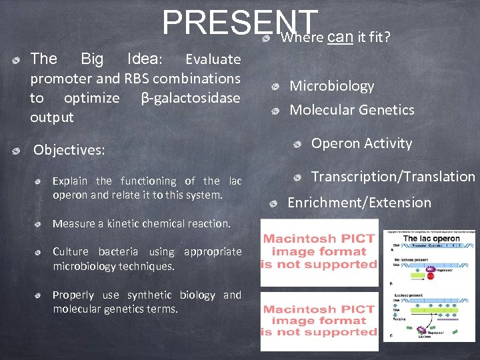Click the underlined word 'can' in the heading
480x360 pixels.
click(x=339, y=37)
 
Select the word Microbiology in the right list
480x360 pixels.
click(x=331, y=86)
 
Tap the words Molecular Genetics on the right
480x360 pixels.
click(x=351, y=110)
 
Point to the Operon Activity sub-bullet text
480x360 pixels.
click(x=361, y=143)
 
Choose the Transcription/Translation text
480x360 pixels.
click(x=393, y=177)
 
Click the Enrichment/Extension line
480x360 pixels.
click(x=359, y=203)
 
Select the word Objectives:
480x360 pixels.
click(x=69, y=150)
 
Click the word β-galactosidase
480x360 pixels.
click(x=191, y=98)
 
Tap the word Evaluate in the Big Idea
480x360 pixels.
click(x=213, y=59)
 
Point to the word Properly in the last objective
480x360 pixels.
click(x=73, y=295)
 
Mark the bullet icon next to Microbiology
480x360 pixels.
click(x=275, y=87)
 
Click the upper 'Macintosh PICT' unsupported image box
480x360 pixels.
click(x=319, y=252)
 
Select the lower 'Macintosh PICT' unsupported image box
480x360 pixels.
click(x=319, y=320)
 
